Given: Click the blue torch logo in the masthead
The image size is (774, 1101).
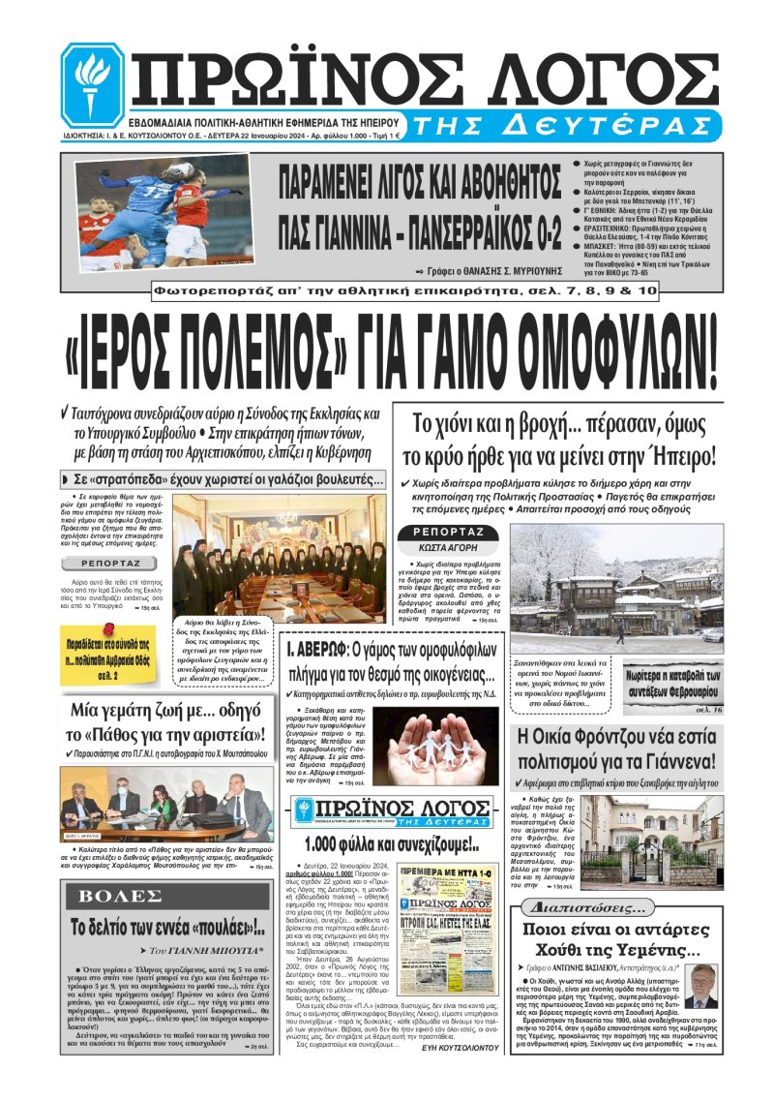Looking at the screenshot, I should [x=92, y=85].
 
